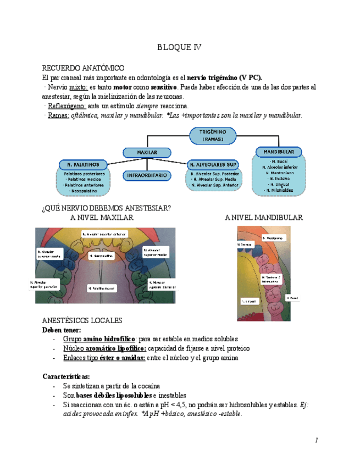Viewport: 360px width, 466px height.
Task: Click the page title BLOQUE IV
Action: coord(179,47)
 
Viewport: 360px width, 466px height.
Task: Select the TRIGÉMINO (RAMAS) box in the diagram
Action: coord(213,135)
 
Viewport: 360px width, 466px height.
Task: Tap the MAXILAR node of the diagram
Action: coord(147,152)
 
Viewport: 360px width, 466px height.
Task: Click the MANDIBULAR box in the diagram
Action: coord(279,151)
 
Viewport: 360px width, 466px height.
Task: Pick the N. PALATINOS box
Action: coord(83,164)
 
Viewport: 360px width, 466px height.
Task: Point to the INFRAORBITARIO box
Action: coord(145,176)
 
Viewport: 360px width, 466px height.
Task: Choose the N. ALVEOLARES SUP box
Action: coord(213,164)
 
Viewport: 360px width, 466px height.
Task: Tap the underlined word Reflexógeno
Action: coord(67,106)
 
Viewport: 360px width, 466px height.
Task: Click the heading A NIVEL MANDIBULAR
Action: coord(264,218)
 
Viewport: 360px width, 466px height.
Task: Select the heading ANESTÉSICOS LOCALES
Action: coord(82,320)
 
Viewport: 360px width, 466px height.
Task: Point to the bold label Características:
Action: coord(66,376)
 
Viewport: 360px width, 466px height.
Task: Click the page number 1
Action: coord(317,440)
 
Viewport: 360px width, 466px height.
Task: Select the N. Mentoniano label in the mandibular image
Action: coord(273,238)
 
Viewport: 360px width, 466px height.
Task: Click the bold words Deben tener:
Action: coord(62,330)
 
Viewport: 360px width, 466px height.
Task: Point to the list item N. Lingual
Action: coord(278,185)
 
